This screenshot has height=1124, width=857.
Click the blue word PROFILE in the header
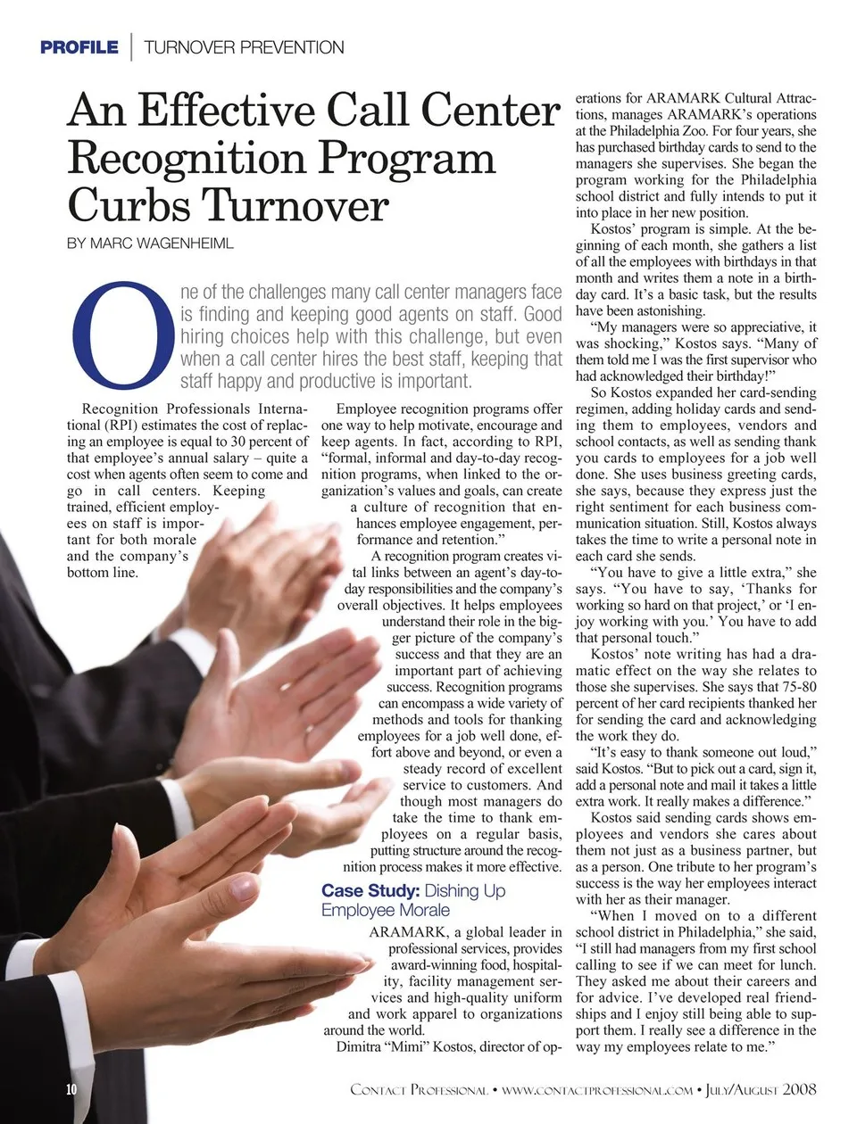point(79,47)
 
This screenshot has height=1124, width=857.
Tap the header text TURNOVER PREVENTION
point(243,47)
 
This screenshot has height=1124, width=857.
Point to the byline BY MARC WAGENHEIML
point(150,244)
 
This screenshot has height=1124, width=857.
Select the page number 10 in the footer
point(72,1089)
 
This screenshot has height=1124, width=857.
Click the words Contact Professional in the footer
point(419,1089)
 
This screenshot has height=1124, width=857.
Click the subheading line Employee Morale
point(385,910)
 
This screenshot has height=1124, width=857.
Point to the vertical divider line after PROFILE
point(131,47)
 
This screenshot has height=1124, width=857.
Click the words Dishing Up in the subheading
point(464,890)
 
